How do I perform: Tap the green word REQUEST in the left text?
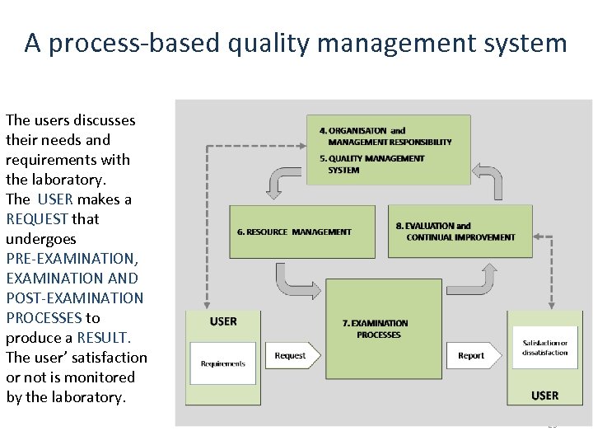[x=37, y=219]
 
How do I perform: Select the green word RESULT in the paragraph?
[x=103, y=338]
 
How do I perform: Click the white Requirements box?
[x=222, y=363]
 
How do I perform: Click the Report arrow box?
[x=474, y=356]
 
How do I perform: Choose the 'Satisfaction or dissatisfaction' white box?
[x=544, y=348]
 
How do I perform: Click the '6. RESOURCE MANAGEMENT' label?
[x=294, y=232]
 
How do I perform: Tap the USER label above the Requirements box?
[x=223, y=321]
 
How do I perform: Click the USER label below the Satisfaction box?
[x=544, y=396]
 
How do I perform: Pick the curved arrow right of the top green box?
[x=488, y=182]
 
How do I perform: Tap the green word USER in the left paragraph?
[x=56, y=199]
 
